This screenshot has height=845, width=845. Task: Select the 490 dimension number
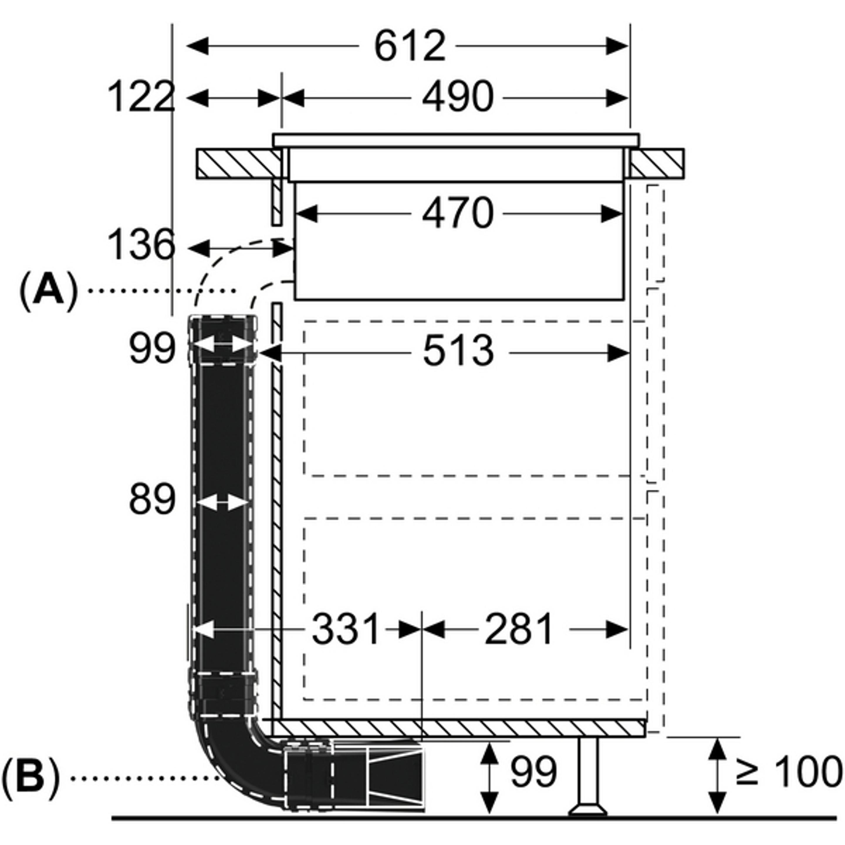[457, 97]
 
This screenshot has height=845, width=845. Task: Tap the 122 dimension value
[141, 97]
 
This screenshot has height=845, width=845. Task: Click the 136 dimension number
[141, 245]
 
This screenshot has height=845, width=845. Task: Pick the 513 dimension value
[458, 351]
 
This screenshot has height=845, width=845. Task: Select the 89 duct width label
[152, 499]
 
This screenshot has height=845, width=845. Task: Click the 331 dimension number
[346, 630]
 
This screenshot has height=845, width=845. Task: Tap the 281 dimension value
[519, 630]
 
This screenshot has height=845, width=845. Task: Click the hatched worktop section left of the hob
[238, 164]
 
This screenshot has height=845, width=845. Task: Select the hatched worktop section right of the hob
[657, 164]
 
